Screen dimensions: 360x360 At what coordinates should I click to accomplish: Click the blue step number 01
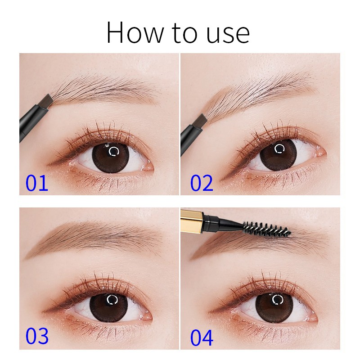coord(36,183)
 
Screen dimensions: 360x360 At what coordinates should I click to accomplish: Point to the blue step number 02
coord(202,183)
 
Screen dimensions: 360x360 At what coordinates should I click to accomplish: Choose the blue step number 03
coord(36,336)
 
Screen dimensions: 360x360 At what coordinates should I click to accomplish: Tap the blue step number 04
coord(202,336)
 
